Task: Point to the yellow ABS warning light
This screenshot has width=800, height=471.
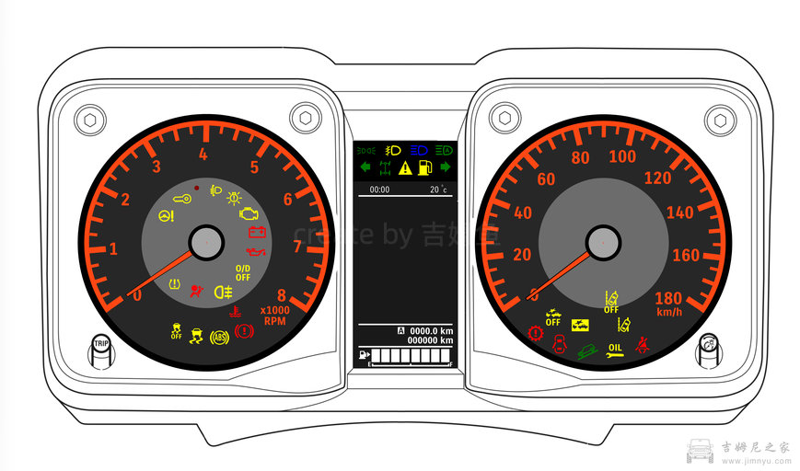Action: (x=219, y=337)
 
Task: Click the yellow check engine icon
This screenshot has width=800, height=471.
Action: (x=248, y=213)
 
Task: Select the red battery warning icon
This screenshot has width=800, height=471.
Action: (x=256, y=232)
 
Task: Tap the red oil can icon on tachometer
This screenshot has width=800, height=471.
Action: (x=258, y=250)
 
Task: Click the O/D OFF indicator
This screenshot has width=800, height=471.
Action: (x=243, y=272)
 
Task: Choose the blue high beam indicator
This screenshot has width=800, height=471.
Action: (x=419, y=150)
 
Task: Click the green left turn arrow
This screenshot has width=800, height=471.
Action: (x=365, y=167)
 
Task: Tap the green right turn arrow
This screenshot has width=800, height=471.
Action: (x=446, y=167)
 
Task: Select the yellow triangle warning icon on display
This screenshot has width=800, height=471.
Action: (x=405, y=167)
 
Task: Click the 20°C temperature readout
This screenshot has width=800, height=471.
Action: (x=436, y=190)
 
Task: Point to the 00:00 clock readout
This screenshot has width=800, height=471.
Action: (x=379, y=190)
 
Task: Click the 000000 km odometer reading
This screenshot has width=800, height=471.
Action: (x=431, y=340)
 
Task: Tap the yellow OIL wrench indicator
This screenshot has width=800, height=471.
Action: (x=615, y=350)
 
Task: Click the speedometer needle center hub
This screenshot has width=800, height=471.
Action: (x=602, y=243)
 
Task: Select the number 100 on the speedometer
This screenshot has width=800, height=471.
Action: (x=622, y=157)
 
